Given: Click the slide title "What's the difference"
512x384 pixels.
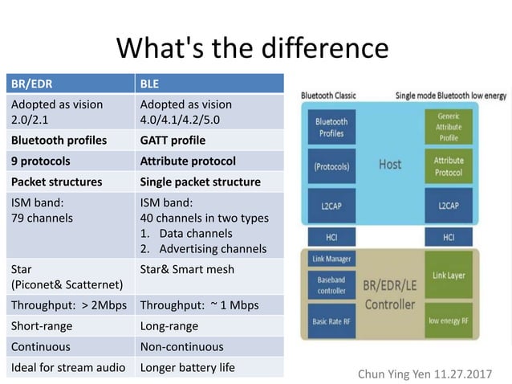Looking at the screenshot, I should pos(252,47).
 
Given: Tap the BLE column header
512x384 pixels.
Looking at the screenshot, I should pos(208,83).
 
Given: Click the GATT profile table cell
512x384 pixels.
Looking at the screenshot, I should pos(208,140).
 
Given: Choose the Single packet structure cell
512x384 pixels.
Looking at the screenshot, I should pos(208,182).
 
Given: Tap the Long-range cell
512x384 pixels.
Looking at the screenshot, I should pos(208,326).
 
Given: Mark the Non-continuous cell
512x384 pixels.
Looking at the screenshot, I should pos(208,347).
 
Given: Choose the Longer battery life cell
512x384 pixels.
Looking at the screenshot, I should pos(208,368).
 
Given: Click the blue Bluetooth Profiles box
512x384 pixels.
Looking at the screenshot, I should pos(331,127).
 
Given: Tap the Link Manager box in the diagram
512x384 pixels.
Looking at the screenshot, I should pos(331,258).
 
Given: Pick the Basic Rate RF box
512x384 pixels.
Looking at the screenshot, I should pos(331,321).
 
